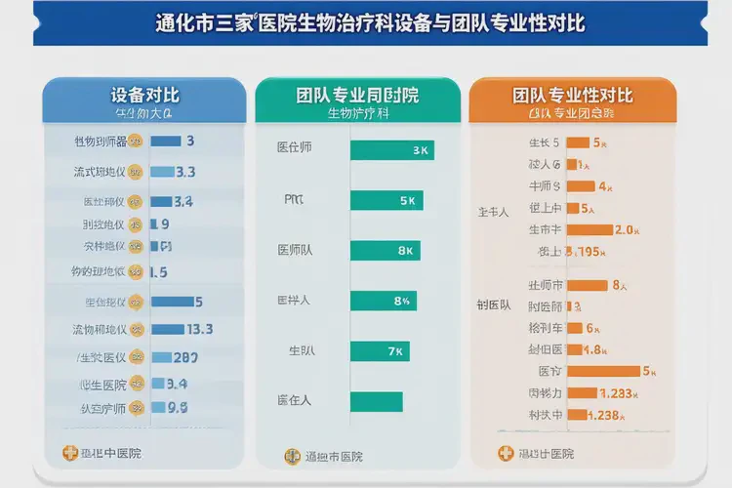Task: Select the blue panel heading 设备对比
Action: tap(145, 96)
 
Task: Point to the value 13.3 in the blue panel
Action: tap(199, 329)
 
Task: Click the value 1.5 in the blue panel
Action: tap(158, 272)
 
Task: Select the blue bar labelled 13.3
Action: tap(167, 329)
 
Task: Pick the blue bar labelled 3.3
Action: tap(162, 172)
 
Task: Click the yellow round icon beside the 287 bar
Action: tap(137, 357)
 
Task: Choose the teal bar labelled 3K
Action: tap(391, 150)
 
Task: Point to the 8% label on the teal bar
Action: tap(401, 301)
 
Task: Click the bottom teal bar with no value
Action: tap(376, 400)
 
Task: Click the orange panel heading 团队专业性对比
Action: tap(573, 96)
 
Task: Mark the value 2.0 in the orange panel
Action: tap(627, 229)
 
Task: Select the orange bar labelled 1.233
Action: tap(582, 393)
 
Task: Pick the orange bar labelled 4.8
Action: tap(574, 349)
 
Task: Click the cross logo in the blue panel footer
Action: tap(69, 453)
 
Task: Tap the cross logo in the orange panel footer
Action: tap(505, 453)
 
